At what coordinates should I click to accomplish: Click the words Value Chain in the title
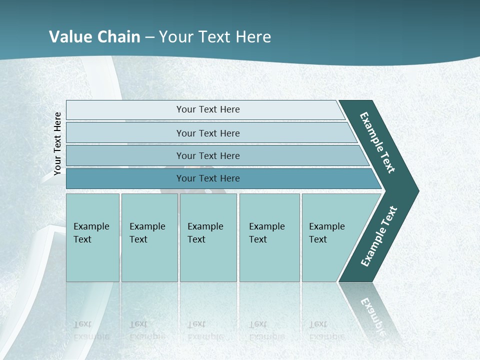pos(94,37)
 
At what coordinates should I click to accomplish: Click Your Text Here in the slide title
pos(215,37)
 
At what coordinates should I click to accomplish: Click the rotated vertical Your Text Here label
pos(57,144)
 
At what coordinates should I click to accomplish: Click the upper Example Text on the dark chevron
pos(377,142)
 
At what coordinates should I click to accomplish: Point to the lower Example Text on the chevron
pos(378,236)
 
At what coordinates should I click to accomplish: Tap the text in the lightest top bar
pos(208,109)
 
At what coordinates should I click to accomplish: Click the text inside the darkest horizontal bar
pos(208,178)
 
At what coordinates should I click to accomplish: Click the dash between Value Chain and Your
pos(149,37)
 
